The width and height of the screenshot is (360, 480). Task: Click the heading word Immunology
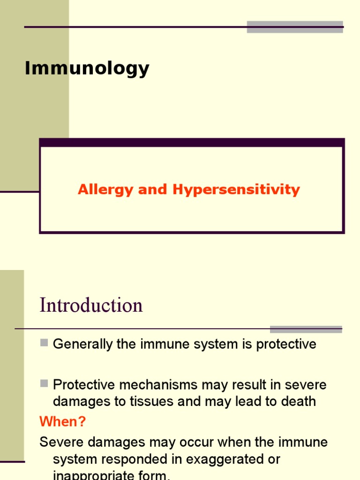[x=87, y=68]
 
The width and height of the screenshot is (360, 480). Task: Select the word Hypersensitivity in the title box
[x=236, y=190]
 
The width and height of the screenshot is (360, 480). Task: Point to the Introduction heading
[x=91, y=305]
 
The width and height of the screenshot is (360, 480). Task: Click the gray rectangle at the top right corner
[x=295, y=27]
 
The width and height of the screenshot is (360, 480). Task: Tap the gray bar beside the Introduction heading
[x=306, y=329]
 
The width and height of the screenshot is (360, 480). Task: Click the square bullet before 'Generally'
[x=44, y=343]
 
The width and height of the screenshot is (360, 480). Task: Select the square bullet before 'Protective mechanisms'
[x=44, y=384]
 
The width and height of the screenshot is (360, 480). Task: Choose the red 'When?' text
[x=63, y=421]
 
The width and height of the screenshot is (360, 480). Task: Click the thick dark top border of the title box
[x=192, y=142]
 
